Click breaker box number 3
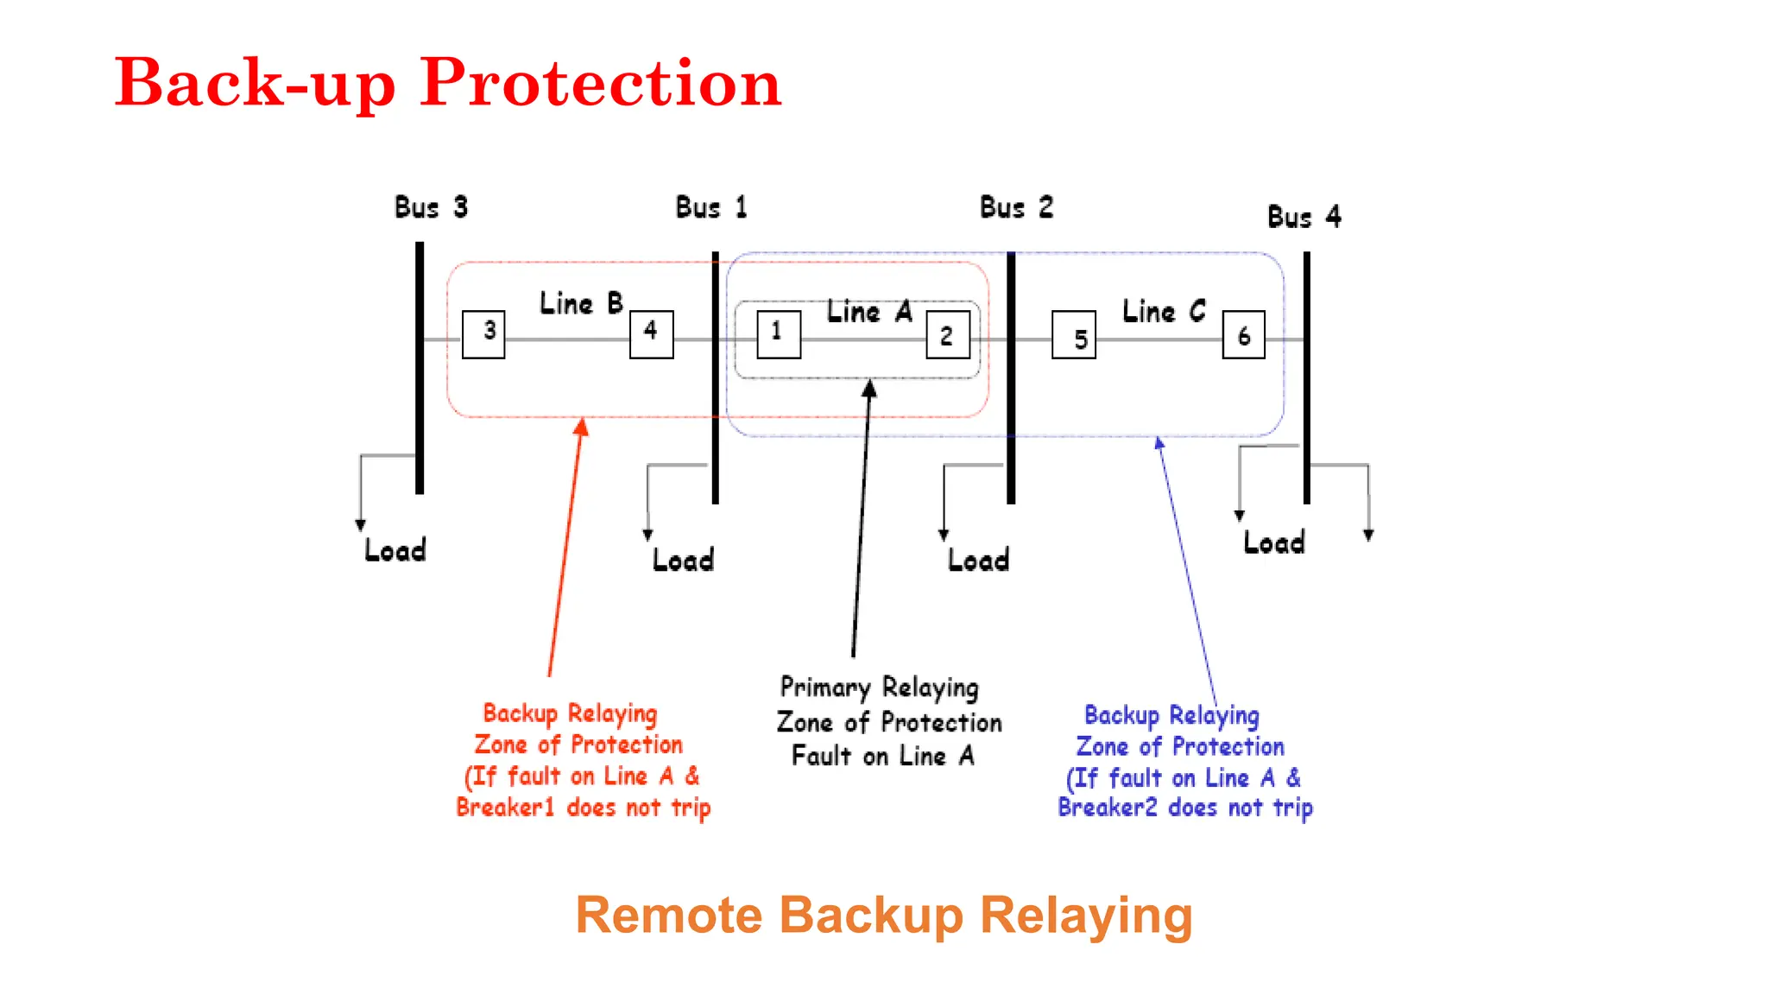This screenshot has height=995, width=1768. (483, 334)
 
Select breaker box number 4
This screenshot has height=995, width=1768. (652, 334)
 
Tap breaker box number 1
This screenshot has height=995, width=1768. (779, 334)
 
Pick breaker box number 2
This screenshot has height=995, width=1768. (948, 335)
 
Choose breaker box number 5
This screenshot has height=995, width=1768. (1074, 335)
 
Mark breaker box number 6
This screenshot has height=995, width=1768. (1244, 335)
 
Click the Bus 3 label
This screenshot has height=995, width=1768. (431, 207)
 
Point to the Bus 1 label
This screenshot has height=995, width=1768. (711, 207)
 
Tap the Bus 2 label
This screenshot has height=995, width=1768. (1016, 207)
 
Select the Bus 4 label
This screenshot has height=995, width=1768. (1304, 216)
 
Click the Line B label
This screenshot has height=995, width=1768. (581, 303)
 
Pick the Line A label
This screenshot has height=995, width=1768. (869, 311)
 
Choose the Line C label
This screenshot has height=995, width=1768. (1164, 311)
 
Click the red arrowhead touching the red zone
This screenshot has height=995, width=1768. (582, 427)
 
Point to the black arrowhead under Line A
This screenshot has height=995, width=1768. (869, 389)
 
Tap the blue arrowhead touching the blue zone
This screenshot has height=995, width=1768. (1159, 443)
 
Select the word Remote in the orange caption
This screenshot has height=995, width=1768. (669, 916)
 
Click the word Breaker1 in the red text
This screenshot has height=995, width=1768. (505, 808)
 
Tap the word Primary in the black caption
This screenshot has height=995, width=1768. (825, 688)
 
